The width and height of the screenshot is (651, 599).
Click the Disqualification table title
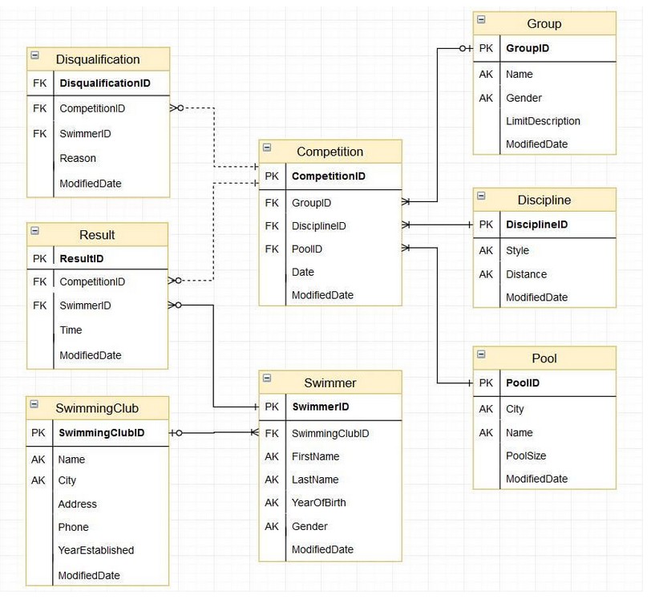click(x=98, y=59)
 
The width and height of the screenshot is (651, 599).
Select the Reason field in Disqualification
click(x=78, y=158)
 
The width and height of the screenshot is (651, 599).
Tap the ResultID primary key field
click(x=81, y=258)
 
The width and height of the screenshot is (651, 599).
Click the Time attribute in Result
click(x=71, y=330)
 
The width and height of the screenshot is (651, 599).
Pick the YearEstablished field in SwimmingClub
click(x=95, y=550)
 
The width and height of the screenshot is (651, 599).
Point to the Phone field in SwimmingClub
click(x=73, y=527)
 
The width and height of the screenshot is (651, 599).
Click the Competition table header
click(x=330, y=152)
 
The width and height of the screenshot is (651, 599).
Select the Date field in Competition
click(x=302, y=272)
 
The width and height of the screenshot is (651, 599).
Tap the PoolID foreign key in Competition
click(x=306, y=249)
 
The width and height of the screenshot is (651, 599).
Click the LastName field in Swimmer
click(x=315, y=480)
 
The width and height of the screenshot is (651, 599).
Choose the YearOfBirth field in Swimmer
click(x=318, y=503)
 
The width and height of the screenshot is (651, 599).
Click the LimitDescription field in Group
click(x=543, y=121)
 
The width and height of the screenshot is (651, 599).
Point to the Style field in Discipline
click(x=517, y=250)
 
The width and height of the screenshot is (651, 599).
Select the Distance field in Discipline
click(x=526, y=274)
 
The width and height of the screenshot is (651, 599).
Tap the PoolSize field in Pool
click(x=526, y=455)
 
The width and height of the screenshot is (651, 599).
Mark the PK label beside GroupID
click(x=486, y=48)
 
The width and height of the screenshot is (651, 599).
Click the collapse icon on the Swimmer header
click(x=267, y=379)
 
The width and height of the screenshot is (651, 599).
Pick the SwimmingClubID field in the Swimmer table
click(x=330, y=433)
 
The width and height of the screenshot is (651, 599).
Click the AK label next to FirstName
click(x=272, y=456)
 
